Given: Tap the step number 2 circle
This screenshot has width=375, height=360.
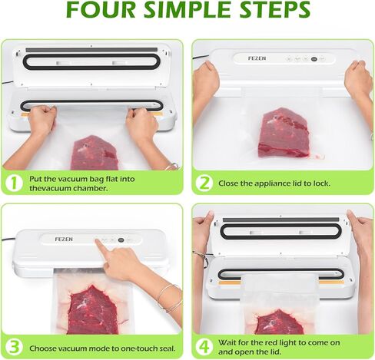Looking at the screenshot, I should pyautogui.click(x=204, y=183).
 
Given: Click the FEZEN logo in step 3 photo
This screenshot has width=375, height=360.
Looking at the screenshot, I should pyautogui.click(x=64, y=239).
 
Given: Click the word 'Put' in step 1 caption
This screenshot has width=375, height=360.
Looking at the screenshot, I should pyautogui.click(x=38, y=178).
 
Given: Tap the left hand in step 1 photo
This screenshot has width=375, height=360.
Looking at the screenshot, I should pyautogui.click(x=41, y=121).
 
